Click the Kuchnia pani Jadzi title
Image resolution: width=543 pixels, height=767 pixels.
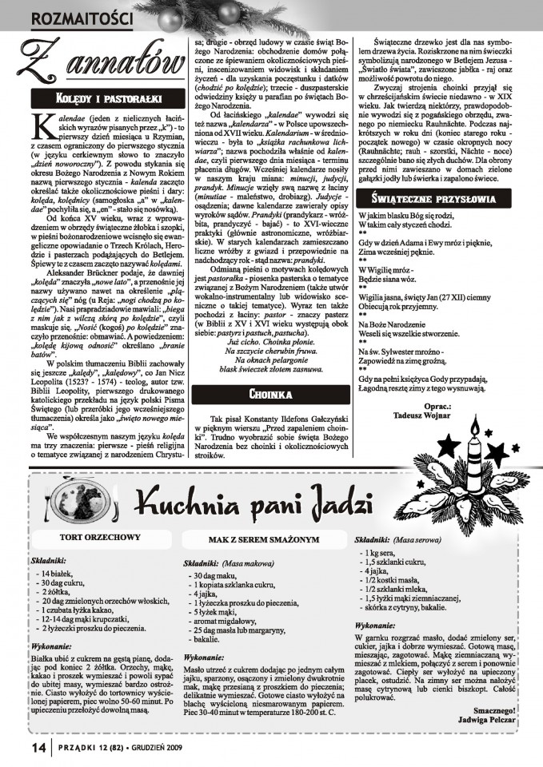coord(240,506)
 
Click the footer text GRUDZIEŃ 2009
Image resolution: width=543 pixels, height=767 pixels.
coord(157,748)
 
